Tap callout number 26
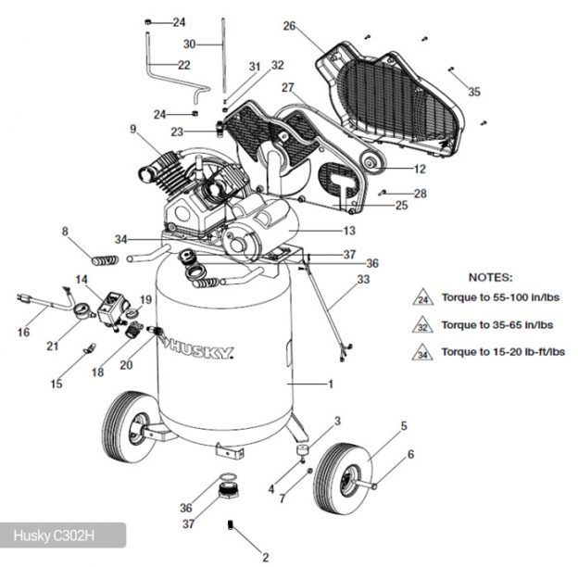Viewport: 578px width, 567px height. (x=289, y=26)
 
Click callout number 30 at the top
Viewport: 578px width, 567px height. (x=190, y=44)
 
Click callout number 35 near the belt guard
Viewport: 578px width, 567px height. (x=474, y=92)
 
